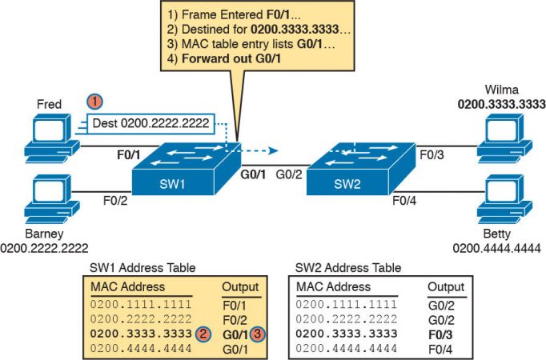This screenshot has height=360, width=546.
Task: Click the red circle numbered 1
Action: pos(94,102)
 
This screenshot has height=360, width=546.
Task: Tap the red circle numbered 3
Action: pos(257,333)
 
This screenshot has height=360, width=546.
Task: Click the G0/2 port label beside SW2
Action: pos(288,174)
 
